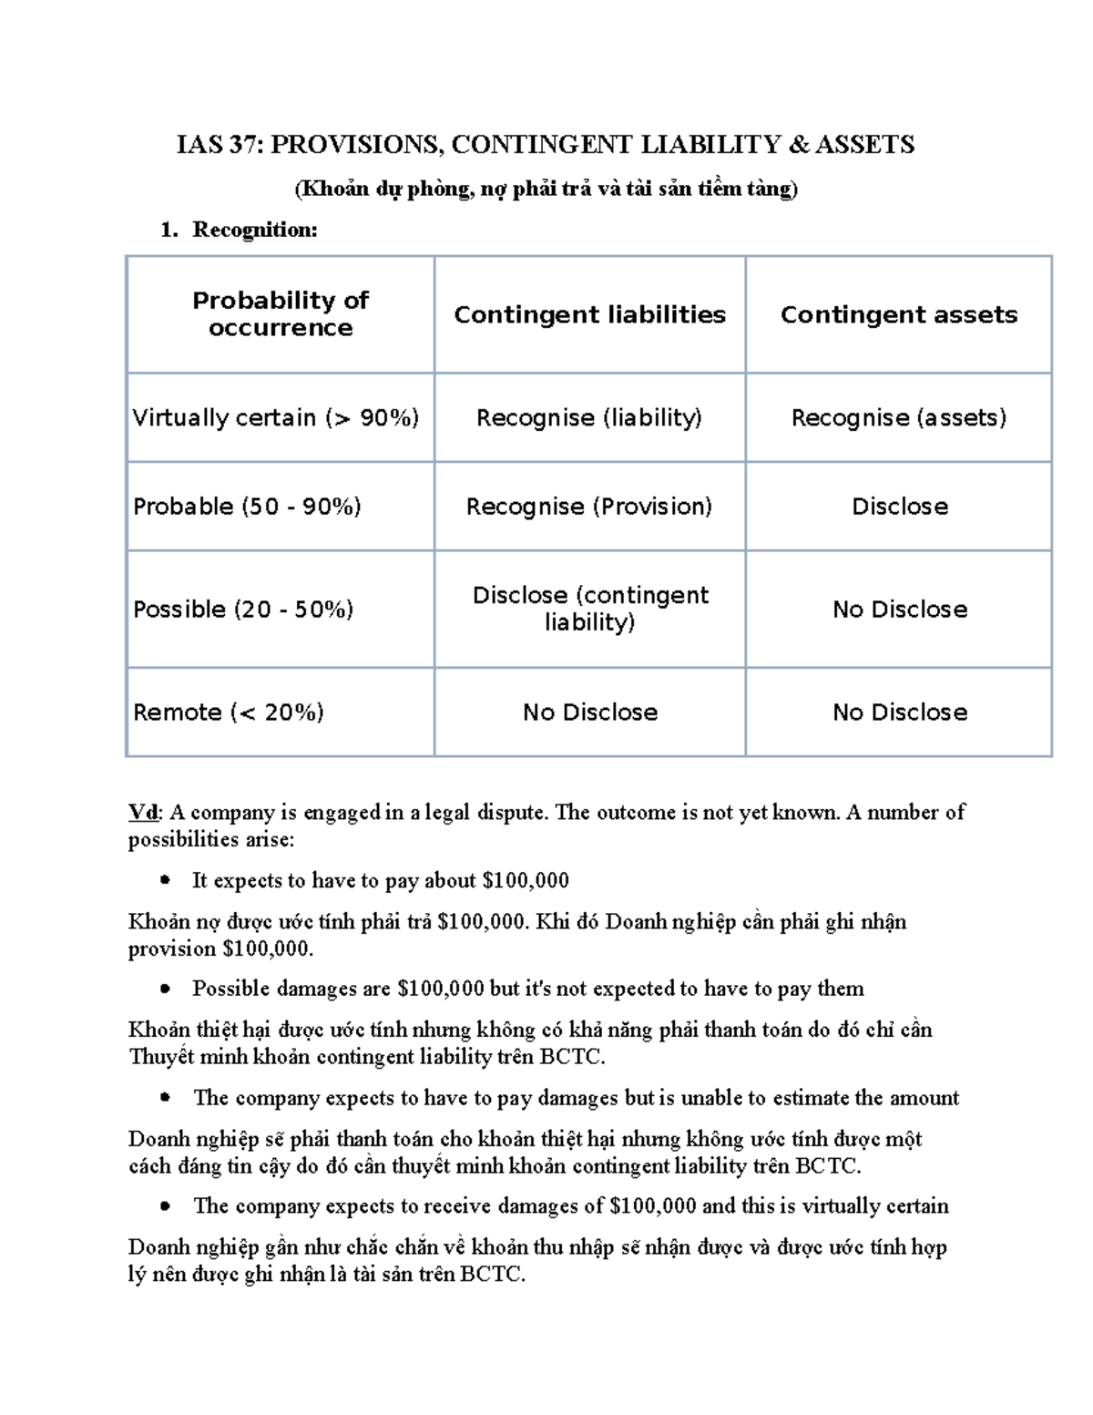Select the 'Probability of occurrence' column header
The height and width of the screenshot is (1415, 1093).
(281, 313)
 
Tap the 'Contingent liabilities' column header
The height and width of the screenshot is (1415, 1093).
(589, 314)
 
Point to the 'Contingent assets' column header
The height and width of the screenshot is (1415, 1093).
(899, 314)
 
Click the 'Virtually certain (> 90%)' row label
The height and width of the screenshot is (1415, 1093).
(276, 417)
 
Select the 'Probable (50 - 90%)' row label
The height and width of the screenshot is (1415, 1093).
(247, 506)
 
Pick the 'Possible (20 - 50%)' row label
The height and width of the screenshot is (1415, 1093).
(243, 609)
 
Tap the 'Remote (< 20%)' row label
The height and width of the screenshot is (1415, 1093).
(229, 712)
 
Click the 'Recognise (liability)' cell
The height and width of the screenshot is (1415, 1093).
(589, 417)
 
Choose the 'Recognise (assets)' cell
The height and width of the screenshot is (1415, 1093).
(899, 417)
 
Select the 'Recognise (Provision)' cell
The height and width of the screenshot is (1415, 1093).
(589, 506)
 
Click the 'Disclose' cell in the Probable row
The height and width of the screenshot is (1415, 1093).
(900, 506)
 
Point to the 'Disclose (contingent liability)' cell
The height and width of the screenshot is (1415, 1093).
(590, 609)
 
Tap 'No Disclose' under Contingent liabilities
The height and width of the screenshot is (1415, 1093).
(590, 712)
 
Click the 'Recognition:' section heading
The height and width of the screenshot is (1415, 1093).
(254, 230)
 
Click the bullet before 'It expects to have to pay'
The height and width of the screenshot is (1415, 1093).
(165, 880)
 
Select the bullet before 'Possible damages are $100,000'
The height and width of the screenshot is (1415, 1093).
(165, 989)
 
